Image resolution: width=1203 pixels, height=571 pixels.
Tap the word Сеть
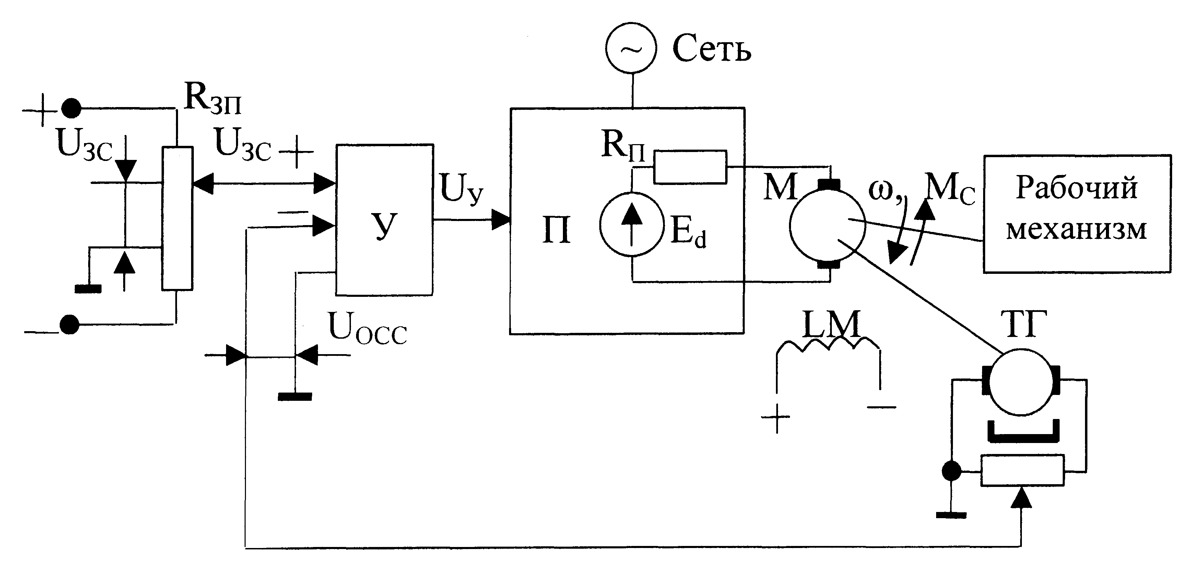click(712, 49)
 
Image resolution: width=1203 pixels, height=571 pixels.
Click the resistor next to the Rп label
click(690, 167)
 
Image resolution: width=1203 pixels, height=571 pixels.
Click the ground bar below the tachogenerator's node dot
click(951, 515)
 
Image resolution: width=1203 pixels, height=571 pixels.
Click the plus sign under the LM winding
click(776, 417)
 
